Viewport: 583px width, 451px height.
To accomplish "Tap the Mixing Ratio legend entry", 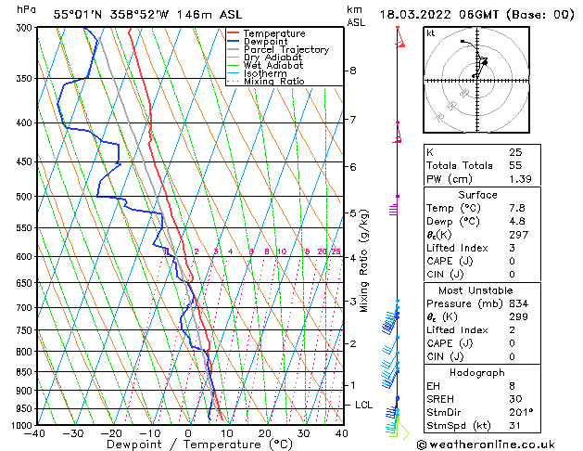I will [273, 82].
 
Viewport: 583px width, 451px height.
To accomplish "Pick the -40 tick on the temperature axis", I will [36, 433].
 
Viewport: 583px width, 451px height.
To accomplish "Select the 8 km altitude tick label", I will [353, 71].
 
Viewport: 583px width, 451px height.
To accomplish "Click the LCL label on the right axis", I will [364, 406].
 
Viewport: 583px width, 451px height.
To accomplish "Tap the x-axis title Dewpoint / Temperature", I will [188, 445].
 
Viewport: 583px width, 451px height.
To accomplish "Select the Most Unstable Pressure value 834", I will [518, 303].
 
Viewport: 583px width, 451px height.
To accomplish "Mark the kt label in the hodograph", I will [431, 32].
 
